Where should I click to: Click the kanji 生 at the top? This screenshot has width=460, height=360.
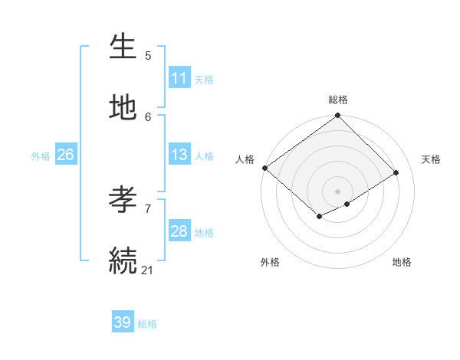123,47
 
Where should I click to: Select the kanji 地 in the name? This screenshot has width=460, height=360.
123,108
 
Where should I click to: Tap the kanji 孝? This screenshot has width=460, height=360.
123,200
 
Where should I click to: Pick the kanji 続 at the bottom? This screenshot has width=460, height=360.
123,260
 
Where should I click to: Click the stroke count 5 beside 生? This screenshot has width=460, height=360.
148,56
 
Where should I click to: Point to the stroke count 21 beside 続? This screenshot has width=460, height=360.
148,269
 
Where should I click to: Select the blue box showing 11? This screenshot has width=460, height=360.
179,78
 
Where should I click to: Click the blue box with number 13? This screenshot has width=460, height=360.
179,155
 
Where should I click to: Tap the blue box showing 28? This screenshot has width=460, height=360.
179,231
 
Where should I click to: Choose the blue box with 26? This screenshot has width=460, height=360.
65,155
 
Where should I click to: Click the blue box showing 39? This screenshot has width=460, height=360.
123,322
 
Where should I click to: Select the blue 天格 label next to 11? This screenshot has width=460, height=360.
204,79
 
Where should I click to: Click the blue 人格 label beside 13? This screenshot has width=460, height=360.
204,155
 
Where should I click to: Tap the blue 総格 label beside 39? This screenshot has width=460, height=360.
147,324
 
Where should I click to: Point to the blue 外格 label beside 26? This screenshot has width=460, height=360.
41,155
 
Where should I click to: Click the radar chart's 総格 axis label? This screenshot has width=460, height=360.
338,100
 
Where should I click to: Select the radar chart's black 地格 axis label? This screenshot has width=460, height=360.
402,262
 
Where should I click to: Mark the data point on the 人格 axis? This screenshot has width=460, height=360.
264,168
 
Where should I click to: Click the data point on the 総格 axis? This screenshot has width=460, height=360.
337,116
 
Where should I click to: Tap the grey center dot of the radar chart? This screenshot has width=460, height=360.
337,191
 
